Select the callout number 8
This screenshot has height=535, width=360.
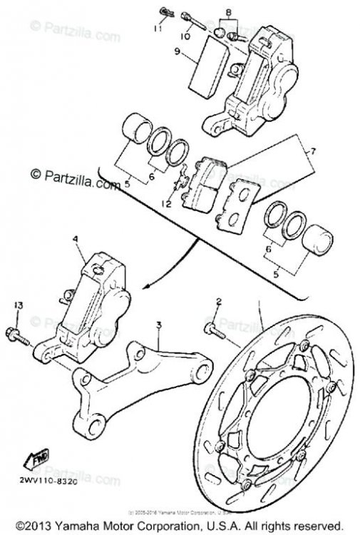click(227, 12)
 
